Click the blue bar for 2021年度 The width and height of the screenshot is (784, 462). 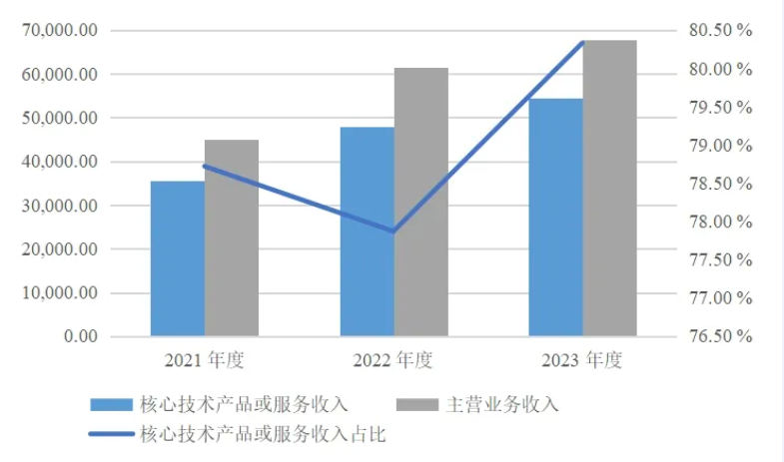point(178,258)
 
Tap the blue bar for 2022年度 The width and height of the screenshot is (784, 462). point(367,231)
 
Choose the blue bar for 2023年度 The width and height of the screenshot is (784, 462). point(556,217)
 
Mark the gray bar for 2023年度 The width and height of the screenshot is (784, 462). point(609,188)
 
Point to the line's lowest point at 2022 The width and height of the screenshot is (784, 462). point(393,231)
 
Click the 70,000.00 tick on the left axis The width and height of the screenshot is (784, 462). point(60,31)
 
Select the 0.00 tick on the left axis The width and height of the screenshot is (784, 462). point(78,336)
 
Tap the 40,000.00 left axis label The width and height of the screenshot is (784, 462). point(60,162)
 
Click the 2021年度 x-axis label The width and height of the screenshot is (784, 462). point(204,359)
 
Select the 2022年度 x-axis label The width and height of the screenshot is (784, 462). point(393,359)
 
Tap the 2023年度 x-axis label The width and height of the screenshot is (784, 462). point(582,359)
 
